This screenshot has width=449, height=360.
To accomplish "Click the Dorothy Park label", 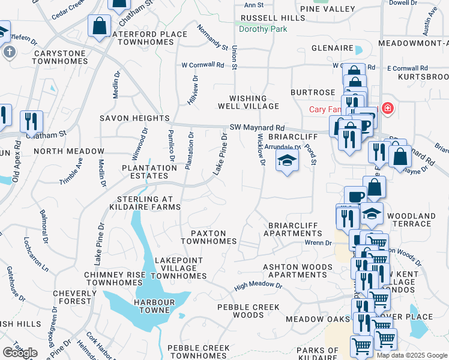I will pos(263,29).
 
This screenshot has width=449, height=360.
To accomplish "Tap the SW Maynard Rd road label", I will pos(257,128).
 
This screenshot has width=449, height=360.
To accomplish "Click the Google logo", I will pos(20,353).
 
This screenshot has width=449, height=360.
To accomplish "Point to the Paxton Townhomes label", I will pos(209,237).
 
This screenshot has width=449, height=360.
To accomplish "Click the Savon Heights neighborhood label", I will pos(134,119).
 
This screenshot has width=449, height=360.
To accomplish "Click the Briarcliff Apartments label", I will pos(294,229).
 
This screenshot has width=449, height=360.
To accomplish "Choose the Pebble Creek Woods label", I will pos(248,311).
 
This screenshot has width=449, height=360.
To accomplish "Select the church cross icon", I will pos(9,52).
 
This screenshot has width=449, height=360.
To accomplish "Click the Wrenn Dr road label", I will pos(318,242).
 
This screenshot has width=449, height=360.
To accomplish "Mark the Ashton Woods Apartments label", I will pos(297,271).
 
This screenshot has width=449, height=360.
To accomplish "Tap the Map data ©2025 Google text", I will pos(411,355).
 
